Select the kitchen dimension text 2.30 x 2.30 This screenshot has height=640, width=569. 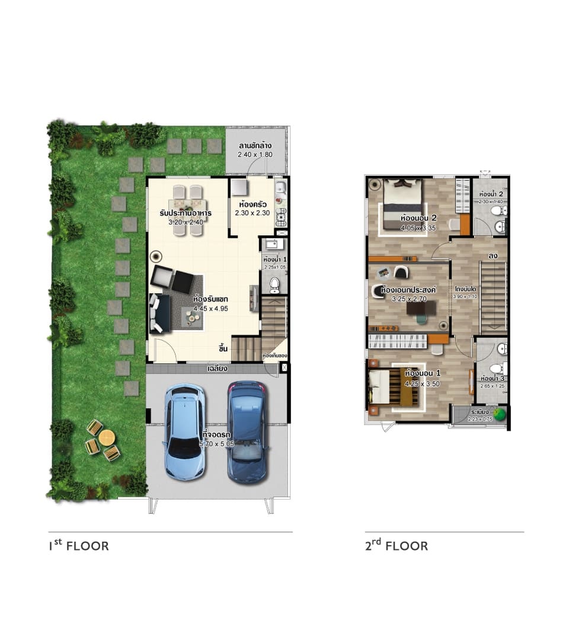pyautogui.click(x=252, y=213)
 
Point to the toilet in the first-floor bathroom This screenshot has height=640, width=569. pyautogui.click(x=274, y=286)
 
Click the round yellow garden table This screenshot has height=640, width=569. pyautogui.click(x=107, y=437)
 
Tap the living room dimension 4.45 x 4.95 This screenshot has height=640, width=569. pyautogui.click(x=210, y=309)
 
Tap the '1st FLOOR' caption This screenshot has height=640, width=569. pyautogui.click(x=78, y=546)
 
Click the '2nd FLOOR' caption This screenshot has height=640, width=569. pyautogui.click(x=396, y=546)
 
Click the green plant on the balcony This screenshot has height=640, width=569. pyautogui.click(x=501, y=412)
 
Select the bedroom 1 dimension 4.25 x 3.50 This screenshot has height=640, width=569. pyautogui.click(x=423, y=383)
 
